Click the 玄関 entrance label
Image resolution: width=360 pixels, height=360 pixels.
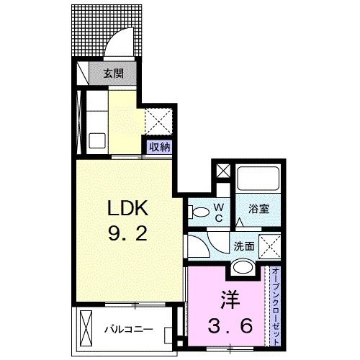coord(112,73)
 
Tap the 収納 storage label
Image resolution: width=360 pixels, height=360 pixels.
coord(160,147)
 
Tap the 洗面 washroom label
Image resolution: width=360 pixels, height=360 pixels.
coord(243,245)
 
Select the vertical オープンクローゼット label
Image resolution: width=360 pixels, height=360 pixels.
coord(276,303)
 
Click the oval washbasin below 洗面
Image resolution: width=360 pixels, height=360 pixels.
coord(243,268)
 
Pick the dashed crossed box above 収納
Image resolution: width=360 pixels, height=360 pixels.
coord(158,118)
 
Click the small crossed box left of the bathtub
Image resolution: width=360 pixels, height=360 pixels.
coord(222,174)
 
